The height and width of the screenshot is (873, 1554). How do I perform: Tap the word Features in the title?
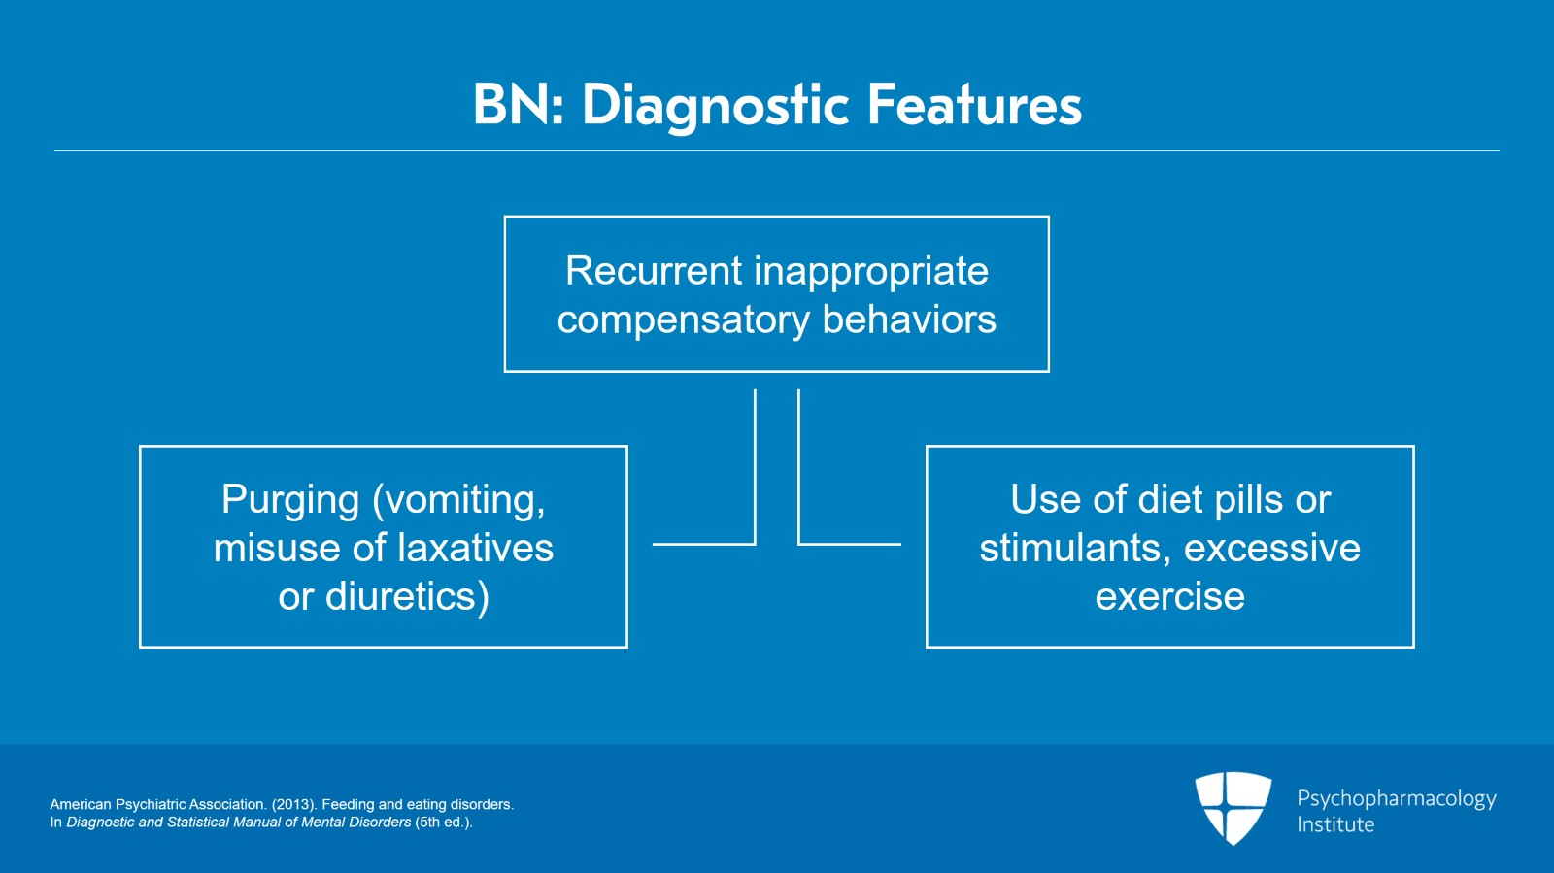975,105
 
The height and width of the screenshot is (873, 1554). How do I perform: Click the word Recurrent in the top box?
654,270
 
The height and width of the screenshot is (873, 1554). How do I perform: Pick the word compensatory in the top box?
684,321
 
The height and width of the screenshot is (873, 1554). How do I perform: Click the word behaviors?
909,319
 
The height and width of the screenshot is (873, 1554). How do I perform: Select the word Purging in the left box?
290,501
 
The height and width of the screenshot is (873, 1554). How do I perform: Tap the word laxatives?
475,547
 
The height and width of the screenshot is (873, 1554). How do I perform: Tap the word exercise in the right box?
1170,596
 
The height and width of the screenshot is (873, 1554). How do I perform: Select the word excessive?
1272,548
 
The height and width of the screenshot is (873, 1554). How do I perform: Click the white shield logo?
1233,808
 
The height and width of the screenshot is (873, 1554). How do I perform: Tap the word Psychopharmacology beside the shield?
1397,799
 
